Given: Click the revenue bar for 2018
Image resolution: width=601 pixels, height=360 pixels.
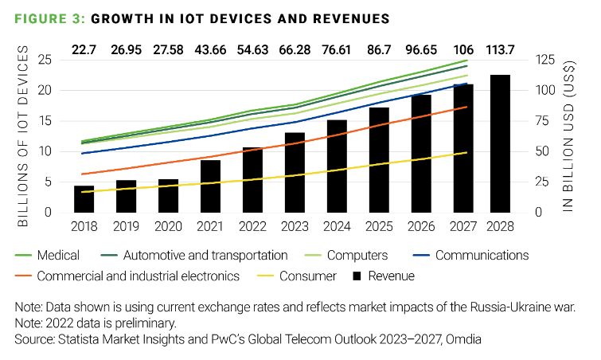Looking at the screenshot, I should click(84, 199).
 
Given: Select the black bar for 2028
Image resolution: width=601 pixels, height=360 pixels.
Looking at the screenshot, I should click(499, 143).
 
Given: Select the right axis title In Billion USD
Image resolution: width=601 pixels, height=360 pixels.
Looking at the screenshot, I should click(569, 136).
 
